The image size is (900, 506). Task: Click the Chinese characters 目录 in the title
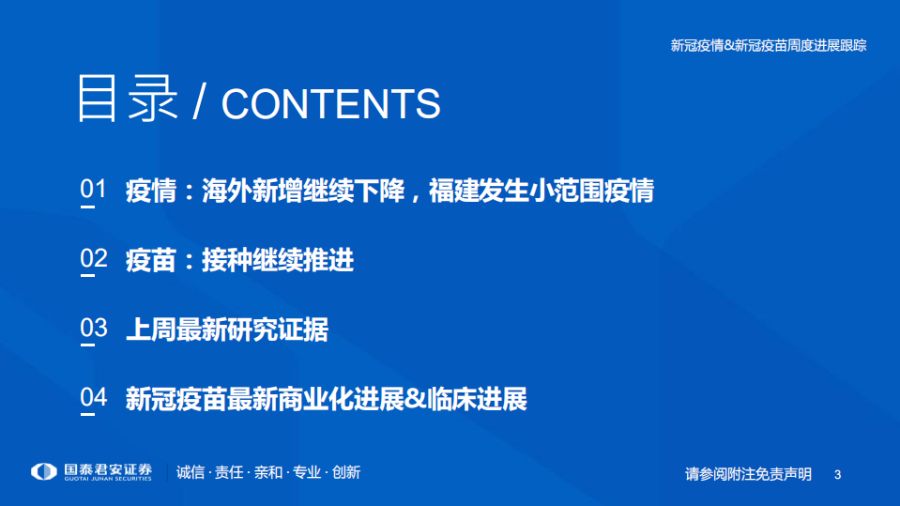pyautogui.click(x=127, y=98)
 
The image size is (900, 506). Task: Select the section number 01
pyautogui.click(x=94, y=190)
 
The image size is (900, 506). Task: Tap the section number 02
pyautogui.click(x=94, y=259)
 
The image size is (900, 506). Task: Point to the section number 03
pyautogui.click(x=94, y=329)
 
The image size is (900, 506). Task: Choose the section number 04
pyautogui.click(x=94, y=398)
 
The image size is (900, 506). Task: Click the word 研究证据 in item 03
pyautogui.click(x=277, y=330)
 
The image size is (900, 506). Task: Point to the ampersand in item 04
pyautogui.click(x=415, y=399)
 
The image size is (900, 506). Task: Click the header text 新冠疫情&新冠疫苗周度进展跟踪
pyautogui.click(x=768, y=45)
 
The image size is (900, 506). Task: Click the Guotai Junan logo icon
pyautogui.click(x=43, y=471)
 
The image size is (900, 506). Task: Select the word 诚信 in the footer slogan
pyautogui.click(x=191, y=472)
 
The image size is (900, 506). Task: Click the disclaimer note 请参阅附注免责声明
pyautogui.click(x=748, y=474)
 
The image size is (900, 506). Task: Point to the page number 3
pyautogui.click(x=838, y=475)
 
